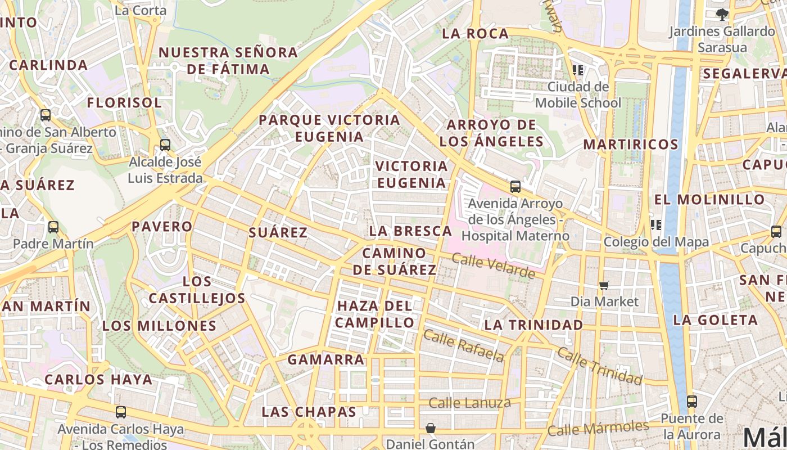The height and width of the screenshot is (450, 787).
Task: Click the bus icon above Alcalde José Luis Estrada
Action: click(165, 145)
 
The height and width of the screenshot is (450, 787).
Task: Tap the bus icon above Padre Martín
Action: click(53, 227)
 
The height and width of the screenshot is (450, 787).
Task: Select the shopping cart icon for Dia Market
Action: click(604, 285)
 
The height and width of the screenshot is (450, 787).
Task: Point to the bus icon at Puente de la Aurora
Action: click(692, 402)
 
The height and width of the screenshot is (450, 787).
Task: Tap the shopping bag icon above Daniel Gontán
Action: click(431, 428)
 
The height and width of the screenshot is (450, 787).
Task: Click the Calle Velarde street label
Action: click(493, 266)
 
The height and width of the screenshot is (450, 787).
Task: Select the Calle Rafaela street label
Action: click(463, 345)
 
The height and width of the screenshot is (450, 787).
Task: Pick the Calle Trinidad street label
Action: click(599, 366)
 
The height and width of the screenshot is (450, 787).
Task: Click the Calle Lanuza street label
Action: click(469, 403)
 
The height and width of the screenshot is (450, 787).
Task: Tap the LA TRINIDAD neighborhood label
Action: click(533, 325)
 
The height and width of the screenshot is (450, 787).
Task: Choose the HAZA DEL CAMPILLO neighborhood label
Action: click(376, 314)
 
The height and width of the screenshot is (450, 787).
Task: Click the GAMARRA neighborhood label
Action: click(325, 359)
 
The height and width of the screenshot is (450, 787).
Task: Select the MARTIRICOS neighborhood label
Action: click(631, 144)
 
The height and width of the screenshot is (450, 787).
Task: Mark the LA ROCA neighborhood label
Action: click(475, 34)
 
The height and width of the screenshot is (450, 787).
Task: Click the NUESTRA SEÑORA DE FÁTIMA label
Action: click(228, 61)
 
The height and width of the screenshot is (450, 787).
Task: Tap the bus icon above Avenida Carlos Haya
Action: click(121, 412)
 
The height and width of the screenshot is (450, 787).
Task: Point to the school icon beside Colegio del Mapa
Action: click(655, 225)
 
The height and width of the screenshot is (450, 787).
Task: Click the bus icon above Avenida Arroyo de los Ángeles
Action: click(515, 187)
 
